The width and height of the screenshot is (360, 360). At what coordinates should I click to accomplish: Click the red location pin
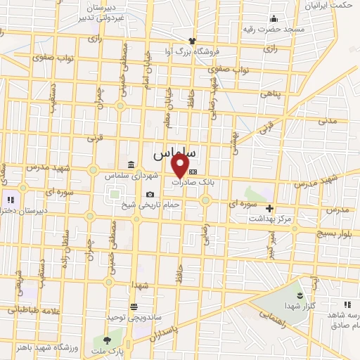(181, 165)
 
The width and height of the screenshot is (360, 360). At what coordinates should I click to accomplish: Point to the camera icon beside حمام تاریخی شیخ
(150, 194)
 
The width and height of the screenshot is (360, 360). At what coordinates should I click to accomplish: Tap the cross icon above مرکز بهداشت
(269, 207)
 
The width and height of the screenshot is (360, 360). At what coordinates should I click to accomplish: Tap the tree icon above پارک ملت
(107, 340)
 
